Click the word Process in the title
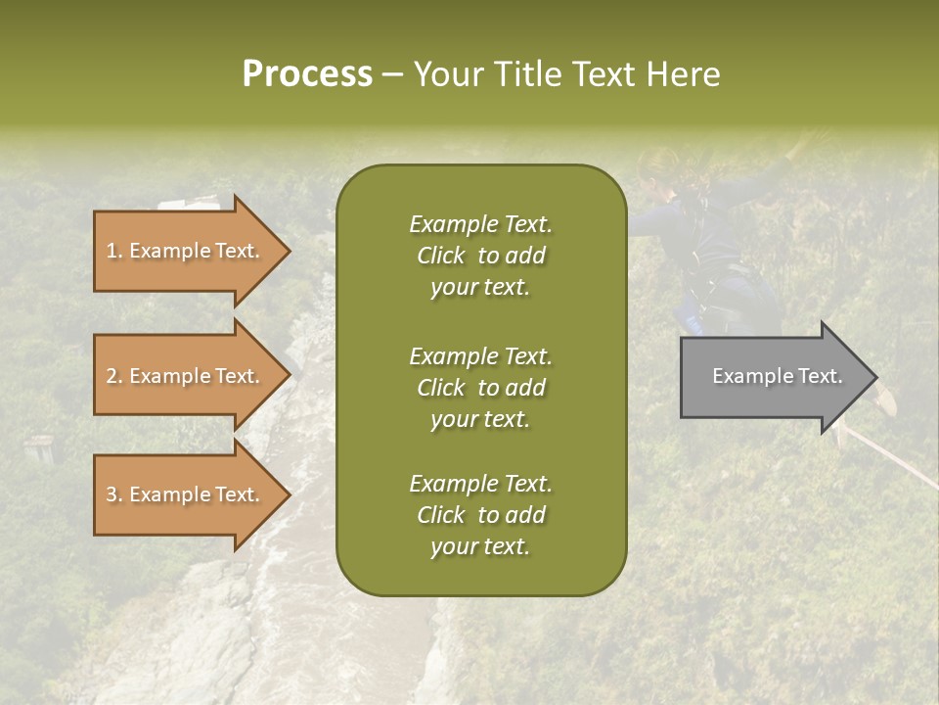[307, 74]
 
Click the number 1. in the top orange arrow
[114, 251]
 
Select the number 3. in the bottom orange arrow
[114, 494]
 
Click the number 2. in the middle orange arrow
[114, 376]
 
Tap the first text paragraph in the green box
[480, 256]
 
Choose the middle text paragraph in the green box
[480, 387]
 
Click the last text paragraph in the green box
[480, 515]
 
